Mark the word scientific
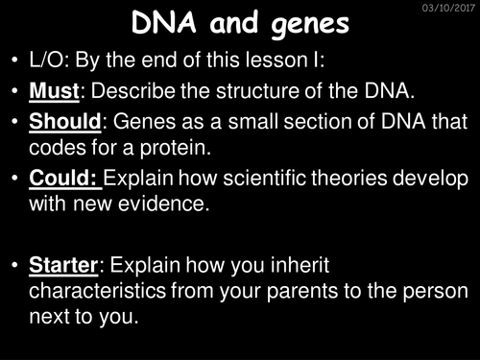pyautogui.click(x=258, y=181)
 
